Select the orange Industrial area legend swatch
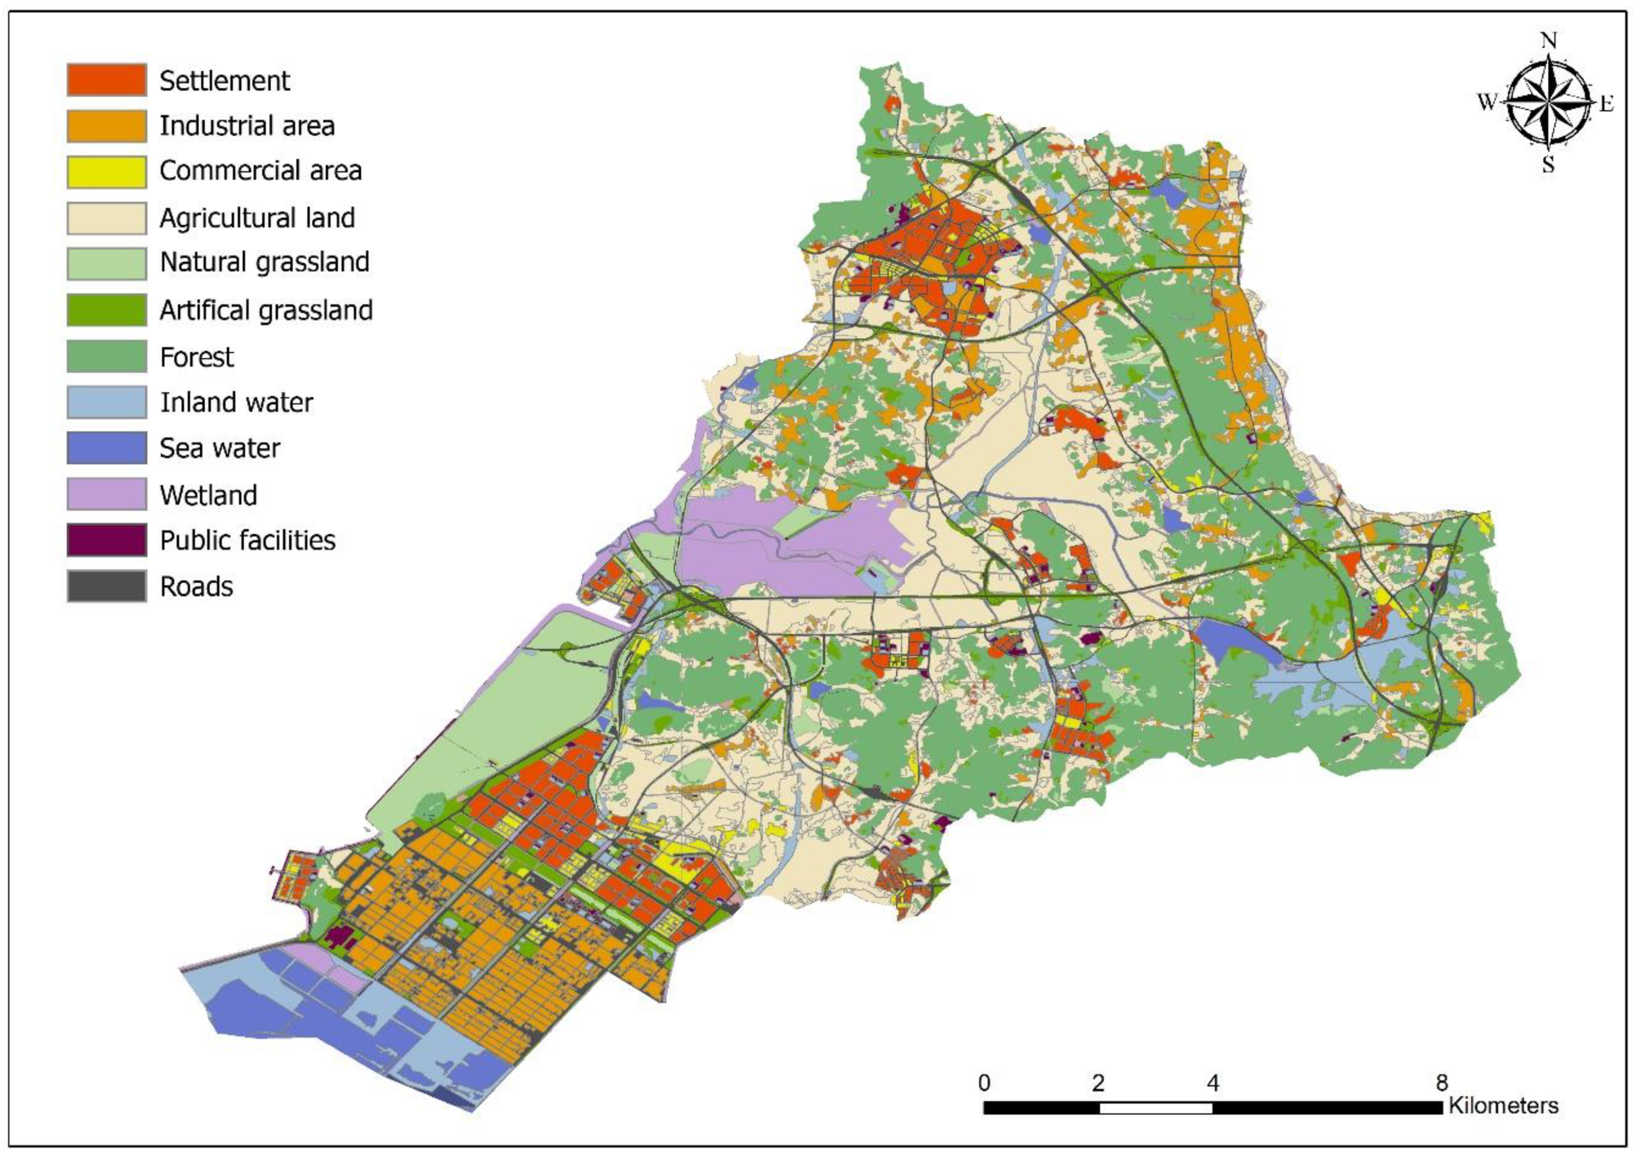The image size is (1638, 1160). coord(107,126)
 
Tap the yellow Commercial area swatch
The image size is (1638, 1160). coord(107,171)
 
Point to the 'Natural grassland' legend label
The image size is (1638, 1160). coord(264,262)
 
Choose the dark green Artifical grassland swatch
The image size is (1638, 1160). coord(107,310)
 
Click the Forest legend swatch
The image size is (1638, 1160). coord(107,357)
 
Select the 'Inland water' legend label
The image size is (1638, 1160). coord(236,403)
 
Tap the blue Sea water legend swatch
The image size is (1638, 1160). coord(107,448)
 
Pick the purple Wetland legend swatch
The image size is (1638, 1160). coord(107,494)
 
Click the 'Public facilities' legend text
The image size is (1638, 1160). coord(247,541)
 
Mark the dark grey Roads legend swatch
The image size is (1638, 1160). coord(107,586)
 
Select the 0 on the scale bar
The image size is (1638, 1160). coord(984,1084)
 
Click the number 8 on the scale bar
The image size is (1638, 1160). coord(1441,1084)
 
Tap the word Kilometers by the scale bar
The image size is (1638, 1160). coord(1503,1107)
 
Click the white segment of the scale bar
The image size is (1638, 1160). coord(1155,1108)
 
